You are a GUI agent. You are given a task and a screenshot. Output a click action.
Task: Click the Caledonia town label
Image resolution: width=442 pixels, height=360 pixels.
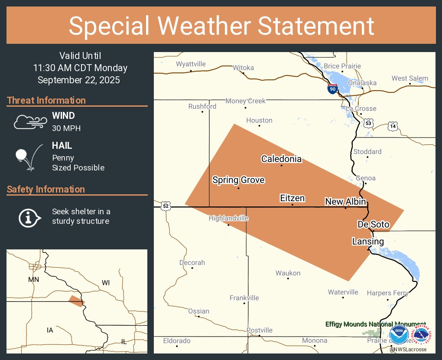281,159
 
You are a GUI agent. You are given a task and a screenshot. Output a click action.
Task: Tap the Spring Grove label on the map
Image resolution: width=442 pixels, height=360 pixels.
238,180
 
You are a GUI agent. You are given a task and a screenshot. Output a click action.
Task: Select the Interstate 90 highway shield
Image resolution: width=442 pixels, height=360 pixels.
332,89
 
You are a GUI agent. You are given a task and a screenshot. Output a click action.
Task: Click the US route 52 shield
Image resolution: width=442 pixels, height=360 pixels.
166,206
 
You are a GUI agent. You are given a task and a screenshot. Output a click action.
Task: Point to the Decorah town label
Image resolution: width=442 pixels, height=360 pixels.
192,263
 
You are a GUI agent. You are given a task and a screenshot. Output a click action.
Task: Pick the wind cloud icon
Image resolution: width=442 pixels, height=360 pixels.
30,122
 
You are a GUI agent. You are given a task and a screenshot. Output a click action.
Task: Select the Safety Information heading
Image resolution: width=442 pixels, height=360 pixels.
46,190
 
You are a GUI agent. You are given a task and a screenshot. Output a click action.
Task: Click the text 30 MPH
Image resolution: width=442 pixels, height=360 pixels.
66,128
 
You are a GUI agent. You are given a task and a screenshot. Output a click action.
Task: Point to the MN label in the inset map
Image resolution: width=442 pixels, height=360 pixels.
33,279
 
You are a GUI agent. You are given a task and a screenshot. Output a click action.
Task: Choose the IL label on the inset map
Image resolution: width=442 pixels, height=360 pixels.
124,342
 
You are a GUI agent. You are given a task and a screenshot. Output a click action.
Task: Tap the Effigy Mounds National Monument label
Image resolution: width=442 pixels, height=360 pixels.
375,324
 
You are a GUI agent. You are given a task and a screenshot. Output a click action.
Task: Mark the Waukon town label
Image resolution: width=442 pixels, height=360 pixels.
288,273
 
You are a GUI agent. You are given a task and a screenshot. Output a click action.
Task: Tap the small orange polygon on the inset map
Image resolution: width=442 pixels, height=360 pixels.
76,301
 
